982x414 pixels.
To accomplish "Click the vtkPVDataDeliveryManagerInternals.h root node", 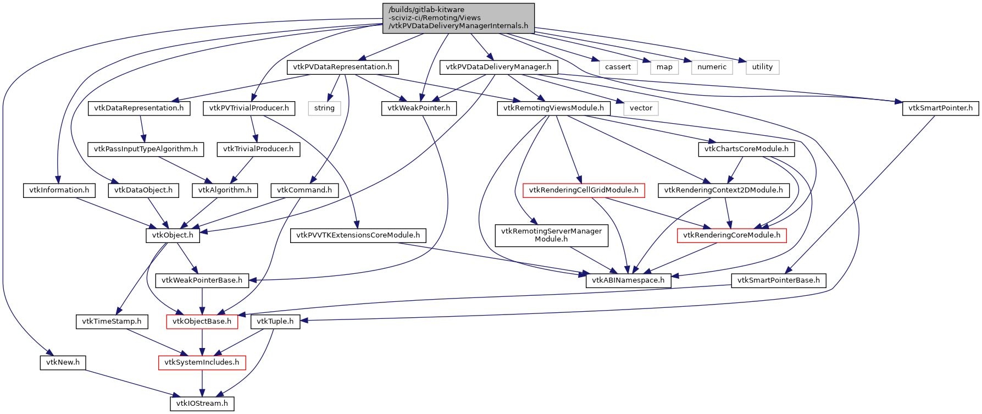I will click(458, 18).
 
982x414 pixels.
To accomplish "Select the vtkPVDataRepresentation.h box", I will click(342, 67).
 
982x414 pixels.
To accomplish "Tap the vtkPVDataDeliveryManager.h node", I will click(498, 67).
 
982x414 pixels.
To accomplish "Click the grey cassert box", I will click(618, 67).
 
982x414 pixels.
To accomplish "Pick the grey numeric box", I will click(712, 67).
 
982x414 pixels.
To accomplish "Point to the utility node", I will click(762, 67).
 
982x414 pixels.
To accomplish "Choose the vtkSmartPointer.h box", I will click(940, 108).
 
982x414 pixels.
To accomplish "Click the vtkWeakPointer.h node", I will click(419, 108).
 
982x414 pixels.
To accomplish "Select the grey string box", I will click(324, 108).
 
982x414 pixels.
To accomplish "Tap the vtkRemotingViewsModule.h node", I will click(553, 108).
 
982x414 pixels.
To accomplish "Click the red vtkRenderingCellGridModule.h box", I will click(584, 190).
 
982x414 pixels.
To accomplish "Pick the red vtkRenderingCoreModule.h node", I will click(731, 235).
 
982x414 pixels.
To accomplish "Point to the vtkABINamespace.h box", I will click(628, 280).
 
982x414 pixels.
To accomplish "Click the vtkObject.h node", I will click(173, 235).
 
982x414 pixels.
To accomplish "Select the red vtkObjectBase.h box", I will click(202, 322).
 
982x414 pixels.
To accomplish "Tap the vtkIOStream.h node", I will click(202, 404).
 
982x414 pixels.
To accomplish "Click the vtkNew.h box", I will click(63, 363).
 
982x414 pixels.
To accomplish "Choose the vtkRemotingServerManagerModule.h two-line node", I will click(551, 235).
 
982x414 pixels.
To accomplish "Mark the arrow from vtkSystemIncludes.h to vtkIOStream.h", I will click(202, 383).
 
